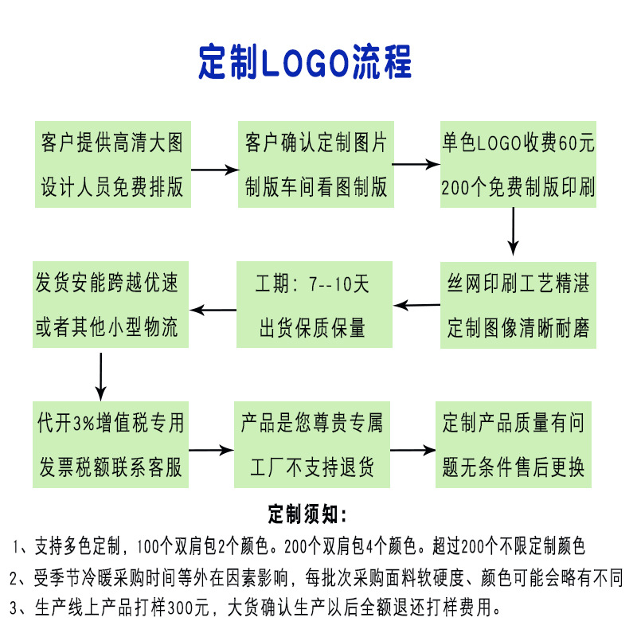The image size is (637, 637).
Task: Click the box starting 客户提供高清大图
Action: click(x=111, y=165)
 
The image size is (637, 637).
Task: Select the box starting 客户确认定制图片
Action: click(x=316, y=165)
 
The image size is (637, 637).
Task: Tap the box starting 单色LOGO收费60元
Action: click(x=518, y=165)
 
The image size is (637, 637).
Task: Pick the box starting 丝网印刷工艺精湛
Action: click(x=518, y=305)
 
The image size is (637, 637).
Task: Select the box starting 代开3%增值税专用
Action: click(x=111, y=444)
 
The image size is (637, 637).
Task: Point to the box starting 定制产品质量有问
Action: click(x=514, y=444)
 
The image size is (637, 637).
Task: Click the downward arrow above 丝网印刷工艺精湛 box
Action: click(x=514, y=231)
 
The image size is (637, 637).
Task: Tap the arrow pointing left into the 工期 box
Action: click(x=417, y=304)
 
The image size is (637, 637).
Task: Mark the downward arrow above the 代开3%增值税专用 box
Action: click(x=101, y=374)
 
